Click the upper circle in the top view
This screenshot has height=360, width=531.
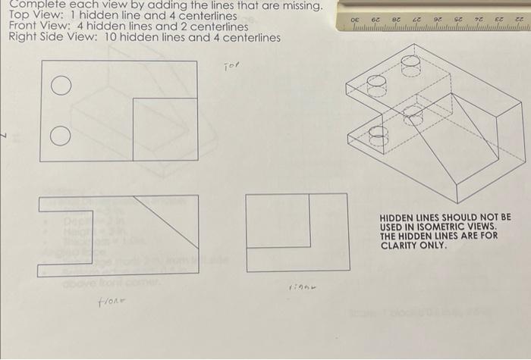(57, 86)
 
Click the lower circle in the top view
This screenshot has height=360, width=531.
(57, 137)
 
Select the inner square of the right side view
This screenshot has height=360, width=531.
(278, 221)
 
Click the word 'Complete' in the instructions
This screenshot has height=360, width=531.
(33, 5)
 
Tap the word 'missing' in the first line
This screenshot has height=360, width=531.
(301, 6)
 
